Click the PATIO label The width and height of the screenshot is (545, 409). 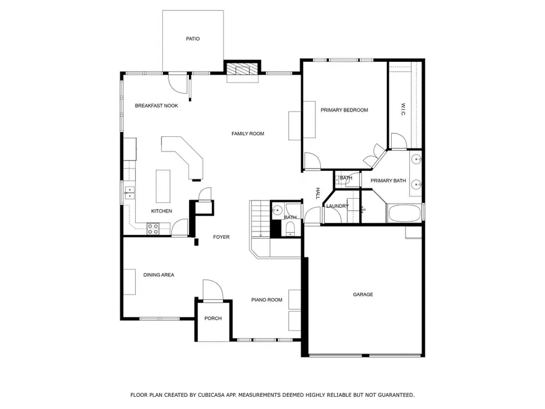click(193, 39)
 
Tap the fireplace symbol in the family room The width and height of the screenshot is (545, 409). click(242, 71)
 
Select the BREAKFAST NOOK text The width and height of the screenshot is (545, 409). click(156, 105)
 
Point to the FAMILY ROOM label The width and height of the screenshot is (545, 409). click(248, 133)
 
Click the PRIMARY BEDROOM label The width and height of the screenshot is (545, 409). click(344, 110)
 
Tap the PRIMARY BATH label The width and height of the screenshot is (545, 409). click(388, 180)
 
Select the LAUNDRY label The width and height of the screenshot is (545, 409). click(337, 206)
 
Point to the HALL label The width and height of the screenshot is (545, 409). click(317, 194)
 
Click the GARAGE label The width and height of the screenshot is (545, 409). click(363, 294)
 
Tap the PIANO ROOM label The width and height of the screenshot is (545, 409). click(267, 299)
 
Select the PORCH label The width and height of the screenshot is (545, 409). click(213, 318)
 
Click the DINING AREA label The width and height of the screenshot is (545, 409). click(159, 274)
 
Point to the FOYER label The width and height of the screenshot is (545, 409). click(221, 237)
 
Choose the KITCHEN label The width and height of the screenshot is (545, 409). click(162, 211)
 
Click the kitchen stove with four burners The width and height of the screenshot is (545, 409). click(154, 228)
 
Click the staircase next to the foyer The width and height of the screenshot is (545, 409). click(259, 219)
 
